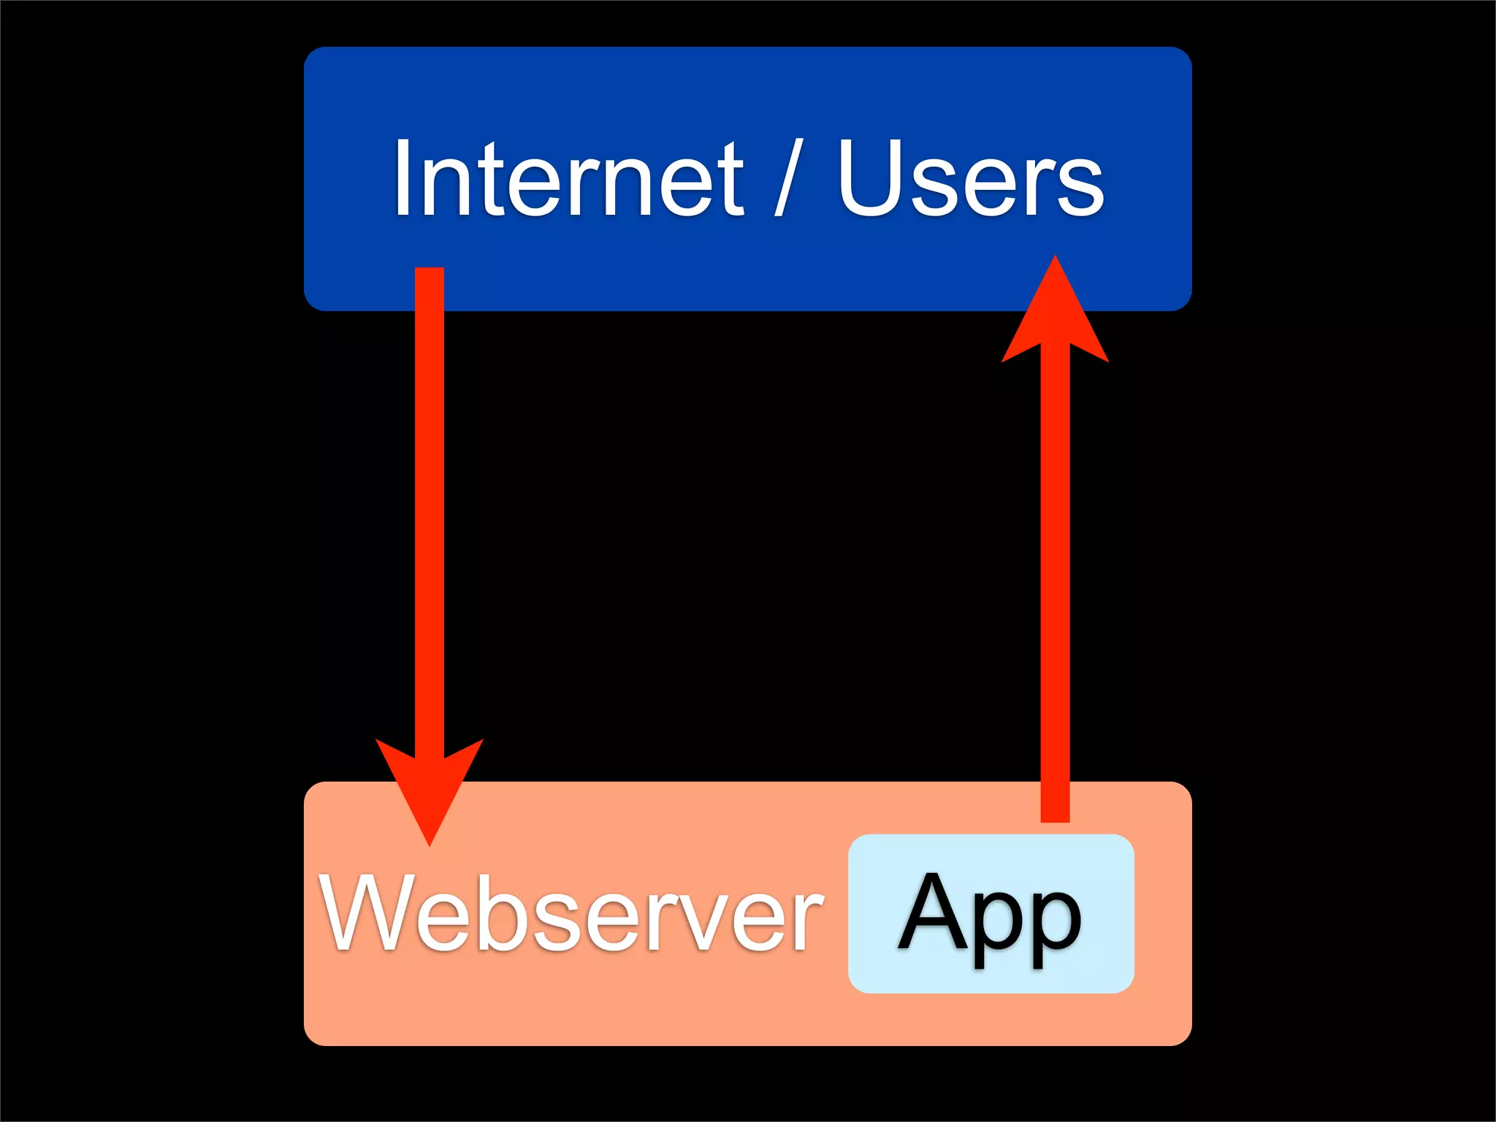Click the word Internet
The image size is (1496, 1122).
point(568,179)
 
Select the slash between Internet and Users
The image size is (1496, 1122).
point(789,179)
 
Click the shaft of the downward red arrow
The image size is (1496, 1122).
point(430,511)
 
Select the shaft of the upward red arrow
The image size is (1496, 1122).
point(1055,584)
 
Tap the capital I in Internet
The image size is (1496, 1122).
point(401,179)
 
